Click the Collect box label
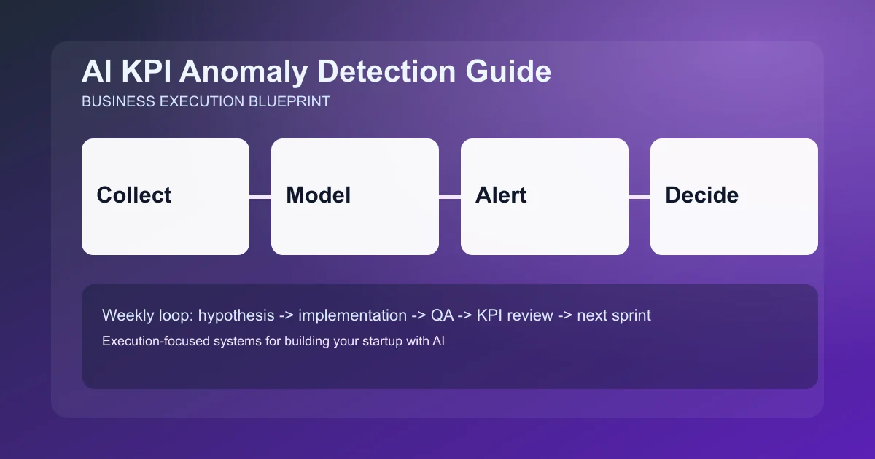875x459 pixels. [x=134, y=195]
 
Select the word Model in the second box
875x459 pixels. [x=318, y=195]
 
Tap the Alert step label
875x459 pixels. [x=501, y=195]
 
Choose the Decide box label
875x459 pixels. [x=701, y=195]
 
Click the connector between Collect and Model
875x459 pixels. [x=260, y=196]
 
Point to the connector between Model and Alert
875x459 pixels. [x=450, y=196]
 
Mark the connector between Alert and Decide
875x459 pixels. [x=639, y=196]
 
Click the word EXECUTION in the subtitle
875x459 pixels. [x=203, y=101]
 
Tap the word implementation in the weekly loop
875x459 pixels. [x=352, y=315]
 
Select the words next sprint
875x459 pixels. [x=614, y=315]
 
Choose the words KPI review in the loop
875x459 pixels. [x=517, y=315]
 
